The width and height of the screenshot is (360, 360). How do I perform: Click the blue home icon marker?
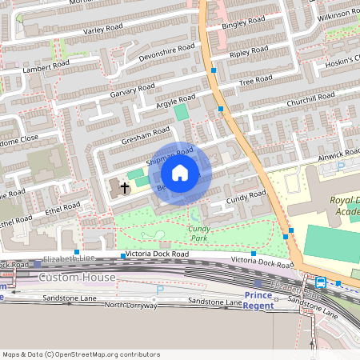180,173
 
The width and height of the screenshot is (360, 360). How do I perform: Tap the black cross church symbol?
124,189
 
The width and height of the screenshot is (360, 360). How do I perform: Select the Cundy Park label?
198,234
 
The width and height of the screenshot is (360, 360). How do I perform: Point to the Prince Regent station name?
258,300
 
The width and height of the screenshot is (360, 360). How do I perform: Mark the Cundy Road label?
246,195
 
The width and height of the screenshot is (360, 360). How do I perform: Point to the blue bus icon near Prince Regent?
321,282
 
